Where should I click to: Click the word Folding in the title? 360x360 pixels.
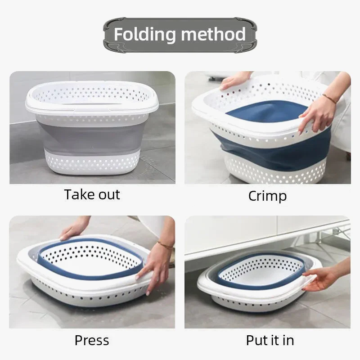tap(144, 35)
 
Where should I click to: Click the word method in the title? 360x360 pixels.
tap(213, 34)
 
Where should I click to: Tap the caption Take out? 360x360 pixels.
tap(92, 195)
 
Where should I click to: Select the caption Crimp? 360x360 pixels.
tap(267, 196)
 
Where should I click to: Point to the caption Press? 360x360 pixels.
tap(92, 340)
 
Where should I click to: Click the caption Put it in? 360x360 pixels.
tap(270, 340)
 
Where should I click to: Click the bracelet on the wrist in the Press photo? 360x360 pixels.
tap(165, 245)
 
